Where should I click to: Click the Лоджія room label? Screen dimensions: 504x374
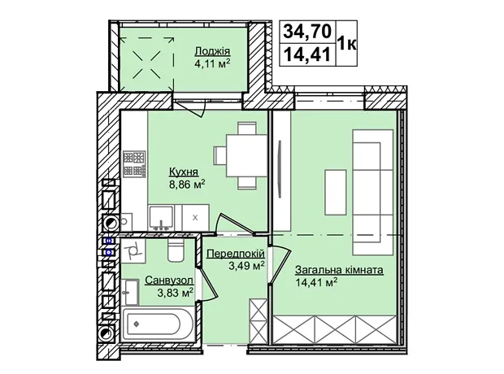point(212,51)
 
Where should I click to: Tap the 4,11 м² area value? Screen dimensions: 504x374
point(212,63)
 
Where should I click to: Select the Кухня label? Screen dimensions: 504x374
point(183,172)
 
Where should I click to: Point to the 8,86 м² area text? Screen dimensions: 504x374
point(187,185)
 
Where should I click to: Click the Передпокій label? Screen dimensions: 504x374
point(236,254)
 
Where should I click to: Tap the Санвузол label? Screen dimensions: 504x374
point(169,280)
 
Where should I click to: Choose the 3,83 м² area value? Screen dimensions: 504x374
point(175,293)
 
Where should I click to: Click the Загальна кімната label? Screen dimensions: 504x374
point(340,270)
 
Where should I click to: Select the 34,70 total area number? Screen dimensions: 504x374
point(307,32)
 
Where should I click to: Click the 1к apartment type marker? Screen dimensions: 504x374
point(346,43)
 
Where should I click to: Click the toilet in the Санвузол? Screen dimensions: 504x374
point(176,250)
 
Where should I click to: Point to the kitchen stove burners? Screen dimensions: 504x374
point(134,163)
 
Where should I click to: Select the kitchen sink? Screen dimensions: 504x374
point(162,217)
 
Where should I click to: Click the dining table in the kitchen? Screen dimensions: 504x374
point(246,155)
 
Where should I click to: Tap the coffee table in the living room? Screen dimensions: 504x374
point(335,193)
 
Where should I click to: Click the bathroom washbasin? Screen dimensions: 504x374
point(131,293)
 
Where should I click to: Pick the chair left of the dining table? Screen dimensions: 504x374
point(220,155)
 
